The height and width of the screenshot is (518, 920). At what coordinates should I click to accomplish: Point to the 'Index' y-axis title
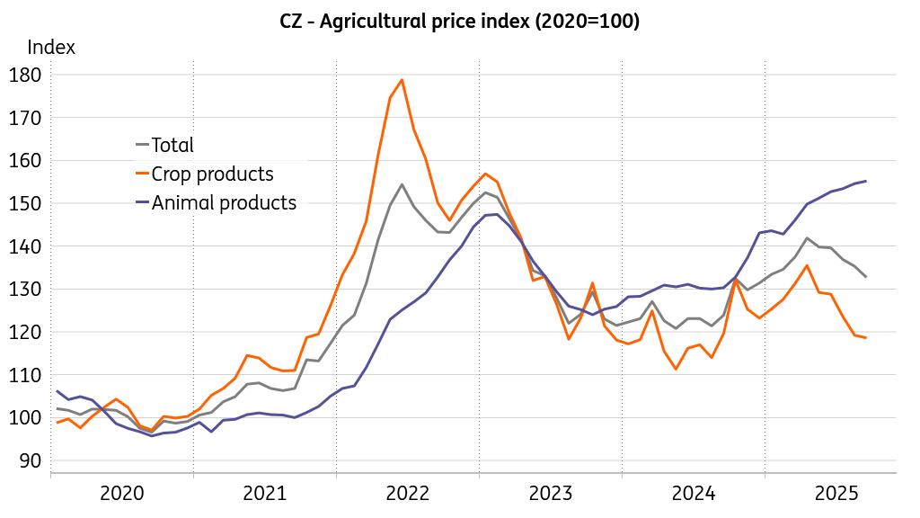pos(51,48)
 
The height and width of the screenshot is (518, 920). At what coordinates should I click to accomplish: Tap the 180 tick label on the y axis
pos(26,75)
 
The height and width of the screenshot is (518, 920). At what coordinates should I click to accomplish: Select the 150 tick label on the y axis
pos(26,203)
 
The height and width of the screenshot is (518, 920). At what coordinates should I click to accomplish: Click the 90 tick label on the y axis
pos(31,460)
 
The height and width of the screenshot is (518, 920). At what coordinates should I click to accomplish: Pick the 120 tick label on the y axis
pos(26,332)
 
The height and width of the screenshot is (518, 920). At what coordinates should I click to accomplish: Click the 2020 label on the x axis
pos(122,493)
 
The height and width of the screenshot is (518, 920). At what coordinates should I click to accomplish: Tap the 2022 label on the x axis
pos(408,493)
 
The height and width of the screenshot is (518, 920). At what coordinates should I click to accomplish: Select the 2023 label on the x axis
pos(551,493)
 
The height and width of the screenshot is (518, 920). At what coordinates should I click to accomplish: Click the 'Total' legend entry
pos(172,145)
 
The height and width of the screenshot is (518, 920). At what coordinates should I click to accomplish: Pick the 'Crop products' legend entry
pos(212,174)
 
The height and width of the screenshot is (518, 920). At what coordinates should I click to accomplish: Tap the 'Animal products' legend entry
pos(224,202)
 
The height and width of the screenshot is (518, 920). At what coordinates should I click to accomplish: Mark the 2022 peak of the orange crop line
pos(402,80)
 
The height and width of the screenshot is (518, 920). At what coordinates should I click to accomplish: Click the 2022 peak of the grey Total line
pos(402,184)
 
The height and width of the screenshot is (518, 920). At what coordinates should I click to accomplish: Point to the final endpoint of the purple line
pos(866,181)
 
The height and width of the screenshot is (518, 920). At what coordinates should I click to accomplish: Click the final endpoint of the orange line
pos(866,338)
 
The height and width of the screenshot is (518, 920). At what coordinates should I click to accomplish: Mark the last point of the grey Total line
pos(866,277)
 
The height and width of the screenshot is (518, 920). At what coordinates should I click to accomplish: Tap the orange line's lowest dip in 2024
pos(676,370)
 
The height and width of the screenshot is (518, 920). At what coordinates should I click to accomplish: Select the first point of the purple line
pos(57,391)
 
